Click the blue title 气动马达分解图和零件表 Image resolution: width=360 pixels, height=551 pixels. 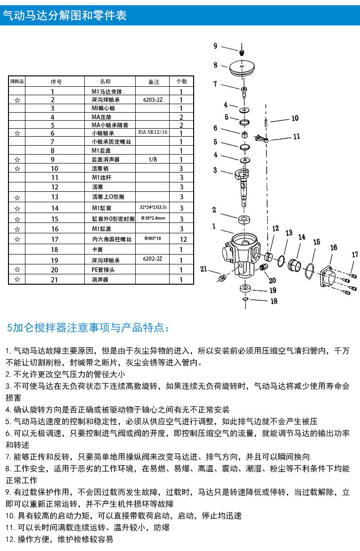tap(65, 15)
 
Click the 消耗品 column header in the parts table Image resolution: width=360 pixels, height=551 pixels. tap(17, 82)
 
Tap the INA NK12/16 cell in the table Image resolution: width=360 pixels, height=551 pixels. tap(153, 132)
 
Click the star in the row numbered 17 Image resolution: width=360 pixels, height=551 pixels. tap(17, 239)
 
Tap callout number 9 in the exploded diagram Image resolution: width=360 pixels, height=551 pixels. tap(215, 46)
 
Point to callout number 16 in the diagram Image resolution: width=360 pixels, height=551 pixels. tap(333, 247)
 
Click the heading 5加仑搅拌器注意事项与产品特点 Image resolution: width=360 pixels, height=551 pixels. tap(88, 327)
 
